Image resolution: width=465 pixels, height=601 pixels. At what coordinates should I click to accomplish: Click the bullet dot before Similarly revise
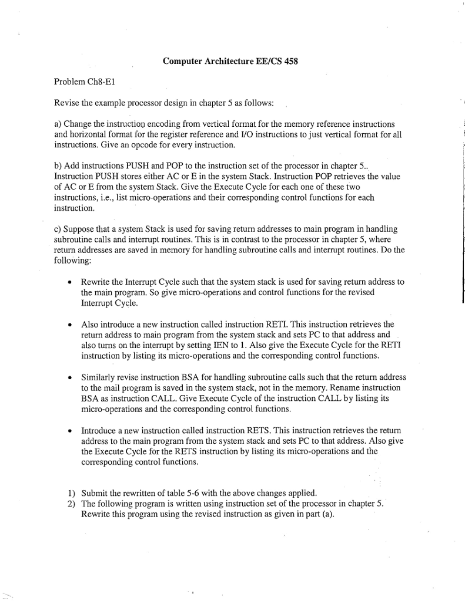tap(70, 378)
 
